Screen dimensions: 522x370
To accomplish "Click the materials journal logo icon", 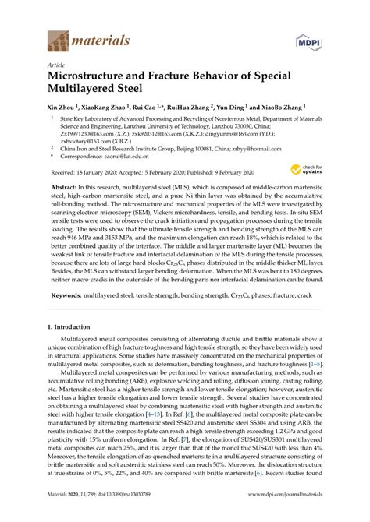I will click(x=59, y=38).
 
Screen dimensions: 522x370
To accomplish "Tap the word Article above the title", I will click(x=57, y=66).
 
